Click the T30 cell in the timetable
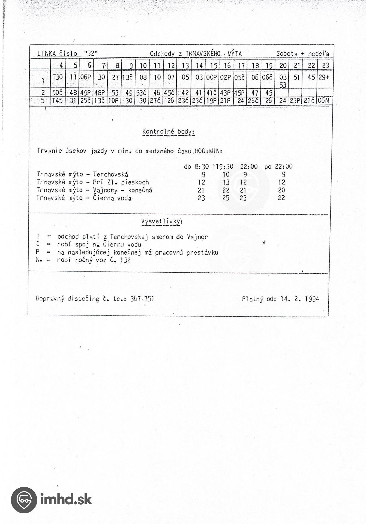pos(58,77)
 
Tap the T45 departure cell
pos(58,101)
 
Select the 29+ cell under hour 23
pos(324,77)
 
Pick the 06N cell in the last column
pos(324,101)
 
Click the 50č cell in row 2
pos(58,93)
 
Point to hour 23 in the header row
pos(325,65)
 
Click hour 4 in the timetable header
pos(61,65)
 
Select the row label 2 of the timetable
pos(43,93)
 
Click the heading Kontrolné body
pos(168,132)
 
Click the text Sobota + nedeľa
pos(303,54)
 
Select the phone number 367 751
pos(142,299)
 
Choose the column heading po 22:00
pos(278,166)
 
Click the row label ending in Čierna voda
pos(84,198)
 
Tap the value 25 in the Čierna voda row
pos(226,198)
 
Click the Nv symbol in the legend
pos(40,260)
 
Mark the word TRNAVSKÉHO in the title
pos(203,54)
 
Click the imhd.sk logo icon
pos(24,500)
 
